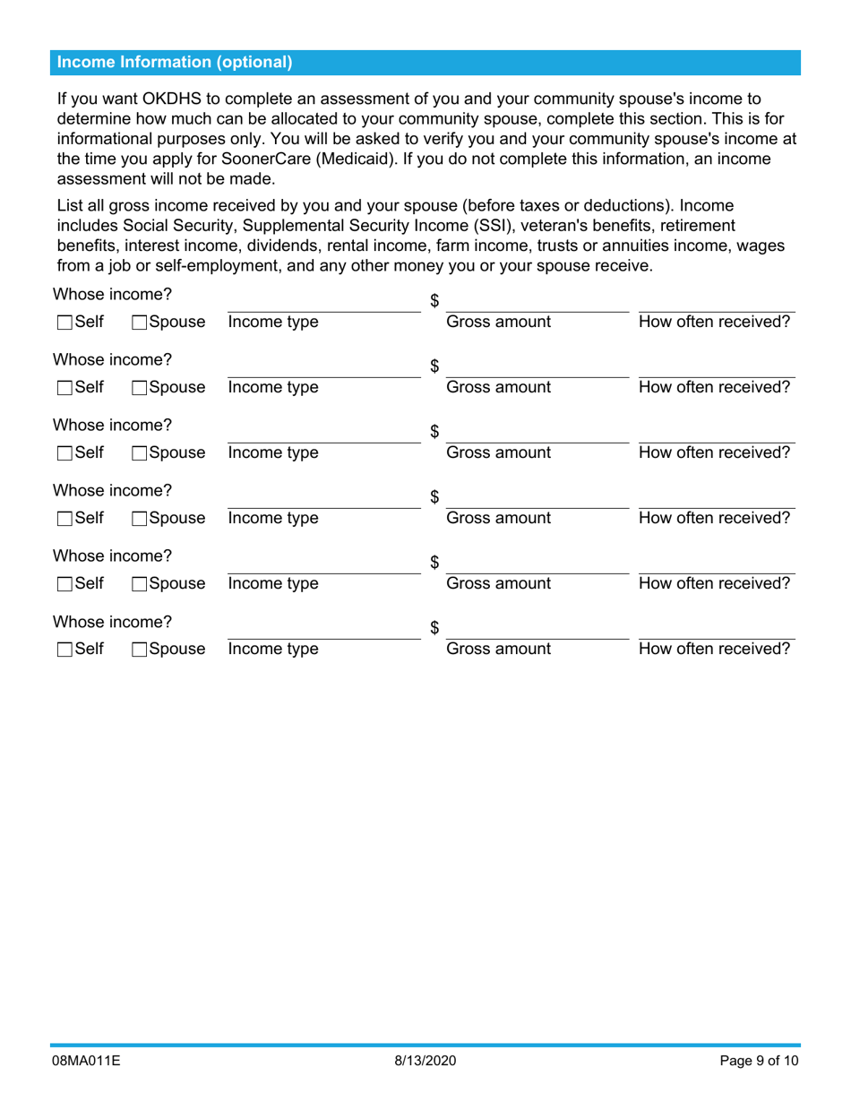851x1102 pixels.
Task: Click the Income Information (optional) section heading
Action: [x=175, y=63]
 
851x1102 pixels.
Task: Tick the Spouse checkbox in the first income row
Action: [x=139, y=323]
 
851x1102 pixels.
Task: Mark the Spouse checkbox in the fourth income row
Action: [x=139, y=519]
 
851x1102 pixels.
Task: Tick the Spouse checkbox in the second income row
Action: [x=139, y=388]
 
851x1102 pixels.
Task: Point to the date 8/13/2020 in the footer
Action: [x=425, y=1063]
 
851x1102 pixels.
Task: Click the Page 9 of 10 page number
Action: [x=757, y=1063]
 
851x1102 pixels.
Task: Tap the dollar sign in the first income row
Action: [x=434, y=300]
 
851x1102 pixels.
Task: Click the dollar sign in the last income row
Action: [x=434, y=628]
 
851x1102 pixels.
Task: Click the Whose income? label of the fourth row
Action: [x=112, y=490]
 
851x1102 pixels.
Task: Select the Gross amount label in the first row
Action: [x=499, y=323]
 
